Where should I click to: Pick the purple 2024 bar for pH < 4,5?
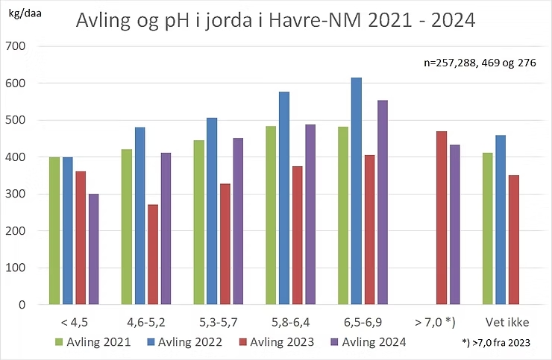point(93,249)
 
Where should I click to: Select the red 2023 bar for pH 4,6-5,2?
point(152,254)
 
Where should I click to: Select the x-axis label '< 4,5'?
point(74,323)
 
